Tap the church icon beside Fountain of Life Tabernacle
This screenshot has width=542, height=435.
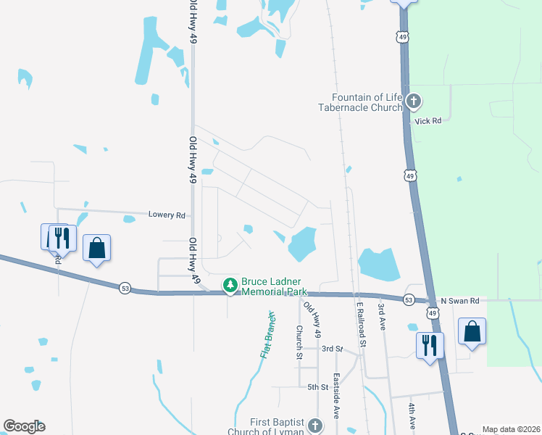(x=414, y=101)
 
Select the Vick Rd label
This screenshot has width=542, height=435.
(x=428, y=121)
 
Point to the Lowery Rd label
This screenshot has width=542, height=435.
(x=167, y=215)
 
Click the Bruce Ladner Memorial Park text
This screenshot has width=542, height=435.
(x=276, y=286)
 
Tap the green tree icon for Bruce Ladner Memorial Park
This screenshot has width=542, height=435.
(x=230, y=286)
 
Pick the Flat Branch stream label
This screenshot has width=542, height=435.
(x=267, y=336)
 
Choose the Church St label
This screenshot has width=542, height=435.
(x=299, y=341)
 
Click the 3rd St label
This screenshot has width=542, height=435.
(x=331, y=349)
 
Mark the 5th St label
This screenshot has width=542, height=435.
(x=317, y=387)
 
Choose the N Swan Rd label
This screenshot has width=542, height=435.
(x=460, y=300)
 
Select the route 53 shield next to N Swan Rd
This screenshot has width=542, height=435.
(x=409, y=299)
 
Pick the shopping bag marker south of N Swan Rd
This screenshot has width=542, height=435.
(x=472, y=332)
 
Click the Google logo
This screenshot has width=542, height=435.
(x=24, y=426)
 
